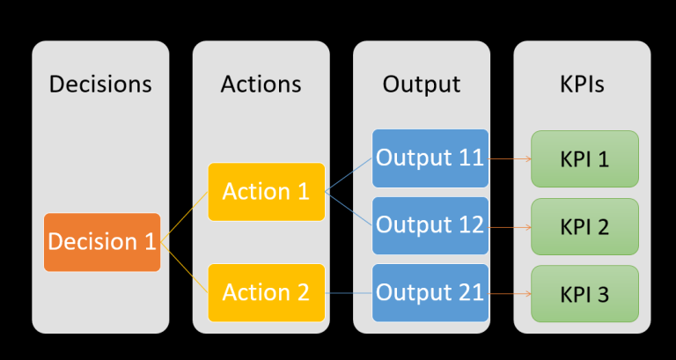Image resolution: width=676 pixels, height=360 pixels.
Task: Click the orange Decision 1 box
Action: [x=102, y=242]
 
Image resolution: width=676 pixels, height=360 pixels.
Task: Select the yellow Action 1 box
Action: [x=266, y=192]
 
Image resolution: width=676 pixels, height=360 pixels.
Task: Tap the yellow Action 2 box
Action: [x=266, y=292]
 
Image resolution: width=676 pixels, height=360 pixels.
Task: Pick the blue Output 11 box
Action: [x=430, y=158]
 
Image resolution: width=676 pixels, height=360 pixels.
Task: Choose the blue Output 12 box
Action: [x=430, y=225]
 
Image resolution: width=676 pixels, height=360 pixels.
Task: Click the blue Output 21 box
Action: [x=430, y=292]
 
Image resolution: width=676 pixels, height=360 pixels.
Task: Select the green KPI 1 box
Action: [x=584, y=159]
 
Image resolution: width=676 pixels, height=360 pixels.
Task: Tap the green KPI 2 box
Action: [x=584, y=226]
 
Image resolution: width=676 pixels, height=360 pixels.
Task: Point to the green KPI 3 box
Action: [x=584, y=293]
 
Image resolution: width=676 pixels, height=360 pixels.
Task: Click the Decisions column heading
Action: [x=100, y=84]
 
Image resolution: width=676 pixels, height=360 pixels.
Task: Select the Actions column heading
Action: [x=261, y=84]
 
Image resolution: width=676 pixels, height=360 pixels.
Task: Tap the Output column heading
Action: [x=421, y=84]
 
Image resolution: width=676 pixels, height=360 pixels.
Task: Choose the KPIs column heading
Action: [x=582, y=84]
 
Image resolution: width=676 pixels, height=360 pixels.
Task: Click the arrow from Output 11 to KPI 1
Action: [x=510, y=159]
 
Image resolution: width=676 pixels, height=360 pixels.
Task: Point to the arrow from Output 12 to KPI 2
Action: [x=510, y=226]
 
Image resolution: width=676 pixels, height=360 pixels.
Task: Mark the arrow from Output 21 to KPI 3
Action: [x=510, y=293]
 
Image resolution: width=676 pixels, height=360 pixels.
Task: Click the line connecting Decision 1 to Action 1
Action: [x=185, y=217]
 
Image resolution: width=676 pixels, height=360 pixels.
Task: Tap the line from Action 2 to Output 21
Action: [x=349, y=292]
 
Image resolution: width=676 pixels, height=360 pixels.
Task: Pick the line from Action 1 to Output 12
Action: [x=349, y=209]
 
